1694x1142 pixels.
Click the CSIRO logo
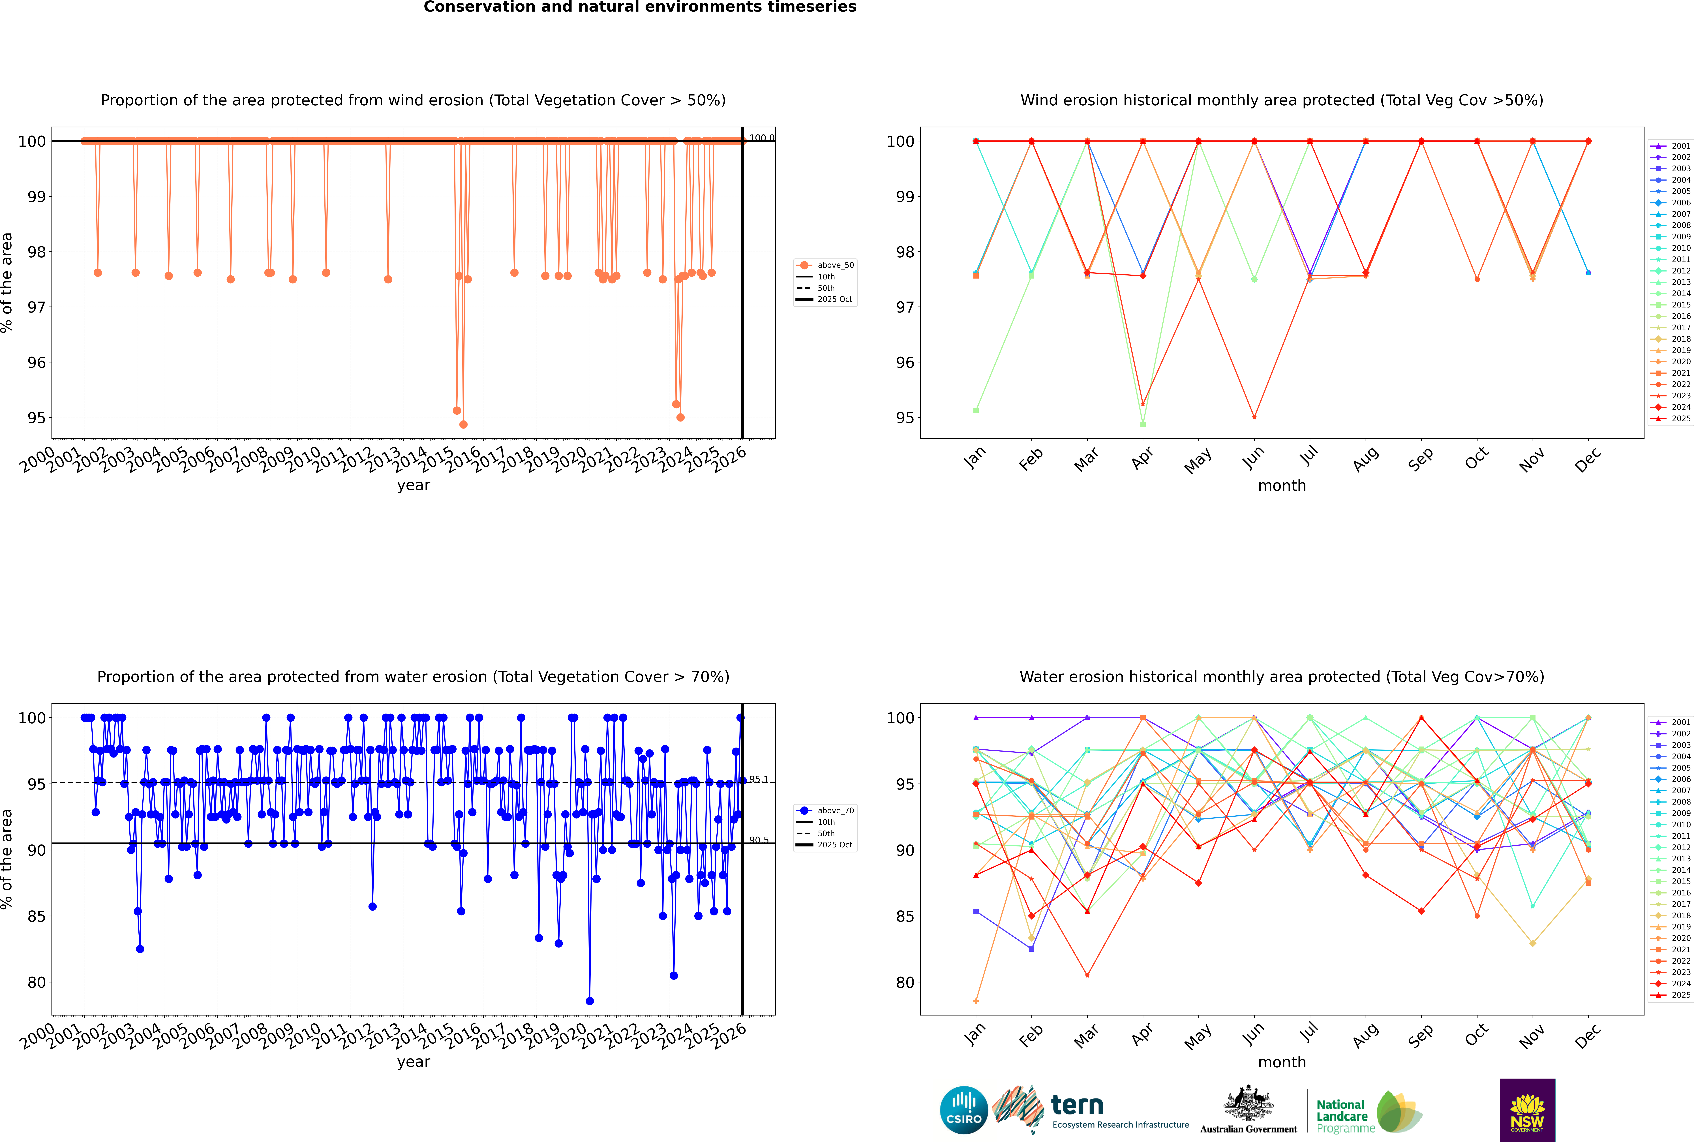click(963, 1110)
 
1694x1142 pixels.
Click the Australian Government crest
click(1248, 1104)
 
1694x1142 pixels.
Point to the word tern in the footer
click(1077, 1106)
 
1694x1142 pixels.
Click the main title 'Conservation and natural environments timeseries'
click(639, 7)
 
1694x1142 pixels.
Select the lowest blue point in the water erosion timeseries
click(589, 1001)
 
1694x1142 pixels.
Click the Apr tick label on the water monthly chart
click(1142, 1035)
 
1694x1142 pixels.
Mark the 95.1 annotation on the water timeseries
click(758, 779)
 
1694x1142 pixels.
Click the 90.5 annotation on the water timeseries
click(758, 840)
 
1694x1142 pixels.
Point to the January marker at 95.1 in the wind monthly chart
click(976, 411)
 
